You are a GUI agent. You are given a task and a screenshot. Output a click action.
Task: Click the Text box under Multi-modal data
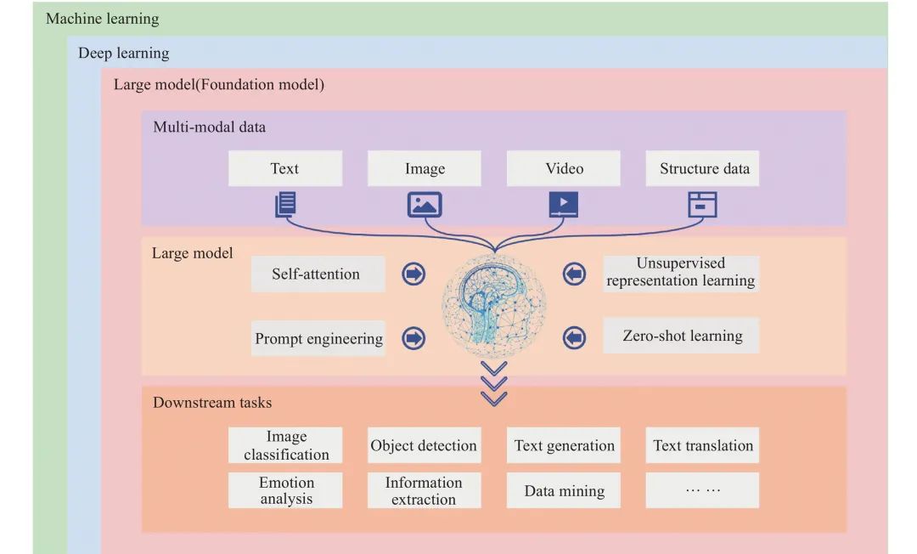pyautogui.click(x=284, y=168)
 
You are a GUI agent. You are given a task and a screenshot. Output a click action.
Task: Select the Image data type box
pyautogui.click(x=424, y=168)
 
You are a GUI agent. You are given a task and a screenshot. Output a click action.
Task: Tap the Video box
pyautogui.click(x=563, y=168)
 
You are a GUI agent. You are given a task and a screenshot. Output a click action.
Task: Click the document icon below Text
pyautogui.click(x=285, y=205)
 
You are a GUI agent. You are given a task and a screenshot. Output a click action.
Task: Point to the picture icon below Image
pyautogui.click(x=425, y=205)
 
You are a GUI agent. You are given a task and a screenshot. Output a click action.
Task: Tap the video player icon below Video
pyautogui.click(x=564, y=205)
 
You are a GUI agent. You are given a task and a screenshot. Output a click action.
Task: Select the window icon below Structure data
pyautogui.click(x=702, y=205)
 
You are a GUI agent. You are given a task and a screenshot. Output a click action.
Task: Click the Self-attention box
pyautogui.click(x=318, y=274)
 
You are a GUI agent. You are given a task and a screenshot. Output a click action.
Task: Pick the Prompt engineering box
pyautogui.click(x=318, y=338)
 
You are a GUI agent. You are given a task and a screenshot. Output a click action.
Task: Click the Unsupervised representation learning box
pyautogui.click(x=681, y=272)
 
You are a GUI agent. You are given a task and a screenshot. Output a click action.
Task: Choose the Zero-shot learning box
pyautogui.click(x=681, y=336)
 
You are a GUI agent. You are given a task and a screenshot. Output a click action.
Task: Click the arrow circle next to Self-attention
pyautogui.click(x=413, y=274)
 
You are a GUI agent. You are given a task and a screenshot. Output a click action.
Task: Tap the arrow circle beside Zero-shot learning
pyautogui.click(x=574, y=337)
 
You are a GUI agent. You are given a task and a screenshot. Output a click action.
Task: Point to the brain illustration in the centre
pyautogui.click(x=494, y=306)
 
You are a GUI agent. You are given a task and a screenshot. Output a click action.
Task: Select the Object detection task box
pyautogui.click(x=424, y=445)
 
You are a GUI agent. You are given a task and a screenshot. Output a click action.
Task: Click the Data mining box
pyautogui.click(x=563, y=490)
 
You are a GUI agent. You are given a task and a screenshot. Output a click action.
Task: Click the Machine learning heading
pyautogui.click(x=103, y=19)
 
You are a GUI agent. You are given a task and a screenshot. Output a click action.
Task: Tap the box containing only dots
pyautogui.click(x=702, y=490)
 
